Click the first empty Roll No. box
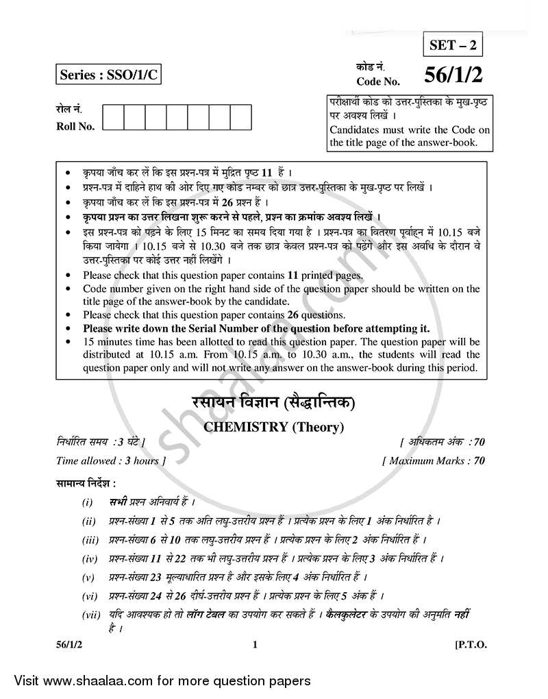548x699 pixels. click(x=114, y=116)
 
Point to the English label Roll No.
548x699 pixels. click(x=75, y=126)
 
